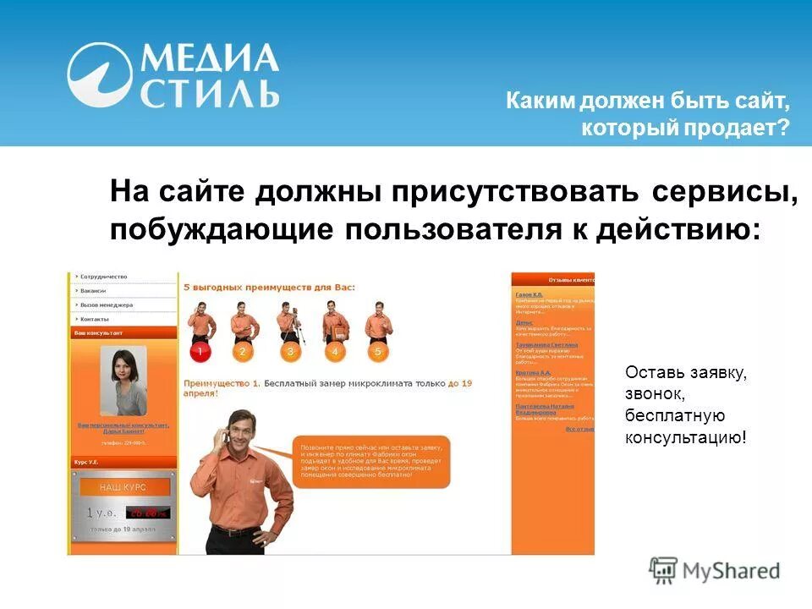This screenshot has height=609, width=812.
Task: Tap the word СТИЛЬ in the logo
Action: pyautogui.click(x=210, y=92)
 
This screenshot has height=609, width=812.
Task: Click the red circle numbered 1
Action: pyautogui.click(x=200, y=351)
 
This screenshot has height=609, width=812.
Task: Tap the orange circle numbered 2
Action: pyautogui.click(x=242, y=351)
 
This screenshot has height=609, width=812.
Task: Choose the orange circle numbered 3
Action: pyautogui.click(x=290, y=351)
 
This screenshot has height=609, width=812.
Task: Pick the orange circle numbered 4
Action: pyautogui.click(x=335, y=351)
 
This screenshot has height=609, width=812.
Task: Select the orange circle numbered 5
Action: pyautogui.click(x=378, y=351)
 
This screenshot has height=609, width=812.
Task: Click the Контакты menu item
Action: pyautogui.click(x=96, y=319)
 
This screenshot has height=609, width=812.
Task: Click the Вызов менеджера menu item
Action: pyautogui.click(x=107, y=304)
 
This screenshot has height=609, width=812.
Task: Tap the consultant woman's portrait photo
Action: pyautogui.click(x=123, y=381)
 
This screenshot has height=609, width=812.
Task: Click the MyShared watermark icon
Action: pyautogui.click(x=664, y=570)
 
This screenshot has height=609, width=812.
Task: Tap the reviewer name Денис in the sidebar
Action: pyautogui.click(x=524, y=322)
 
